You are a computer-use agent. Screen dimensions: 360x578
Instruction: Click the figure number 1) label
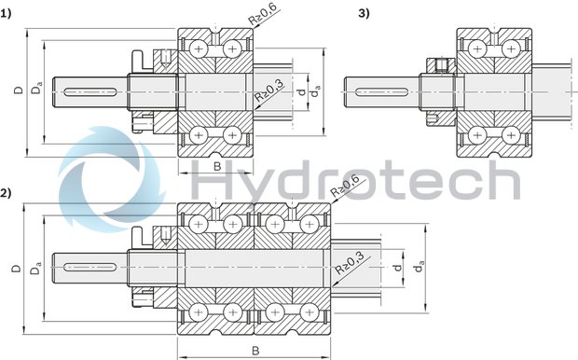click(7, 12)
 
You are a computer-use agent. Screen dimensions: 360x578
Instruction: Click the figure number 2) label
click(7, 193)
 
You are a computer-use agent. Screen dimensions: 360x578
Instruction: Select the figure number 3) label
click(364, 12)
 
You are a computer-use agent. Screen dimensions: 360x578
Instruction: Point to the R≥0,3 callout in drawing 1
click(269, 94)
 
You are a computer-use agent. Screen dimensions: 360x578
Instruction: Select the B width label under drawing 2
click(255, 351)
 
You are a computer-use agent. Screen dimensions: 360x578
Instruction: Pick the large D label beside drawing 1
click(18, 90)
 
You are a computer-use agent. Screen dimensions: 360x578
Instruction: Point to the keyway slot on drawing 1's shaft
click(89, 90)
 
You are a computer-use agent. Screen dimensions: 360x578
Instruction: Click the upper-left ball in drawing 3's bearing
click(477, 46)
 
